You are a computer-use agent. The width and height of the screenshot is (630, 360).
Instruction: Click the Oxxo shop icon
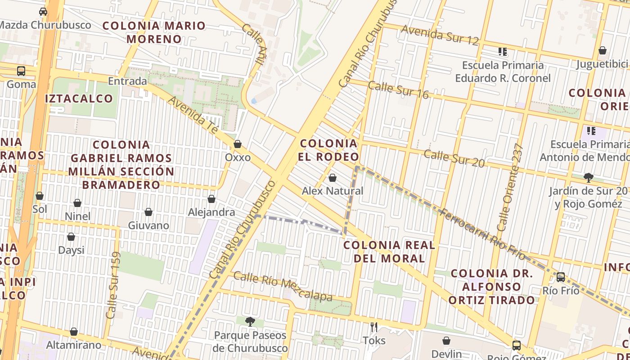(237, 144)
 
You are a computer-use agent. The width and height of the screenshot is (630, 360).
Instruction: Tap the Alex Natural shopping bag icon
(333, 178)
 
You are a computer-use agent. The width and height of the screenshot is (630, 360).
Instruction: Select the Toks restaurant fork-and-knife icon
(374, 327)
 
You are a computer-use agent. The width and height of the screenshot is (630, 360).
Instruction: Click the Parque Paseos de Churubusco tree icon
(250, 322)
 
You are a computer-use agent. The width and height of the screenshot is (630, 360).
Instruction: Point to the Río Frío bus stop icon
(561, 277)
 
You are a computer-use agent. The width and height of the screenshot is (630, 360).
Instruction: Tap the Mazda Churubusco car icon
(43, 12)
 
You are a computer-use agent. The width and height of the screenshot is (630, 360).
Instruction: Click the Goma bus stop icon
(21, 71)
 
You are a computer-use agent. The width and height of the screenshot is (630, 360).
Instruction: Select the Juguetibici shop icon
(602, 50)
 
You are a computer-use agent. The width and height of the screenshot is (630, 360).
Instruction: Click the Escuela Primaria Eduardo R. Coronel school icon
(502, 52)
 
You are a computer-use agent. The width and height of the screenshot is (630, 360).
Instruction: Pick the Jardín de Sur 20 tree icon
(588, 178)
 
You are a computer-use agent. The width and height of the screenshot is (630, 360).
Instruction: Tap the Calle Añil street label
(252, 44)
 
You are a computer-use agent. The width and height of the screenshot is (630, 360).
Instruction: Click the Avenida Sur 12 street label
(440, 35)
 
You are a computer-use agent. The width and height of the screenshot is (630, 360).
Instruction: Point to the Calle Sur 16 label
(398, 90)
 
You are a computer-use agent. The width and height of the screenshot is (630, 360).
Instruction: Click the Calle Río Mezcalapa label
(283, 287)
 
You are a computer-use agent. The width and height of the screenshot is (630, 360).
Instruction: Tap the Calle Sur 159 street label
(112, 285)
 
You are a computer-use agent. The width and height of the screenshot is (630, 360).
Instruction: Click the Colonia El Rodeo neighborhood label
(329, 150)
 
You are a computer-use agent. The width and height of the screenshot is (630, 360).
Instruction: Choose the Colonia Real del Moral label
(389, 252)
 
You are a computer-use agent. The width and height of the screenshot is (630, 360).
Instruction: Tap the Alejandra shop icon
(211, 199)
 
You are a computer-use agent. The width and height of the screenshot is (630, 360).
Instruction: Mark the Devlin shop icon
(446, 341)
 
